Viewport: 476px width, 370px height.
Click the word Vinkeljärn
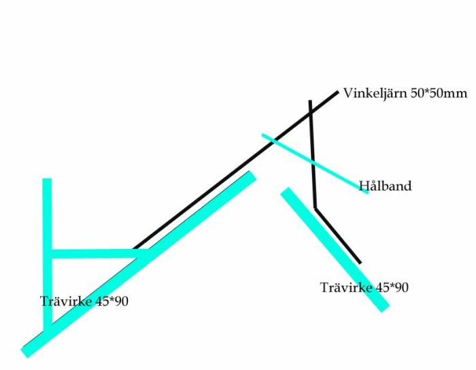click(375, 93)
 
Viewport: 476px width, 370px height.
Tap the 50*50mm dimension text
click(439, 93)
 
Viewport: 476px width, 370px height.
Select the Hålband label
click(386, 186)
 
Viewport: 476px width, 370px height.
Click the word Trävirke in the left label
click(66, 301)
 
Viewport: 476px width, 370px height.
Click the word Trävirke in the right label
click(346, 288)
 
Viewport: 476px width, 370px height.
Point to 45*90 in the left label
click(112, 301)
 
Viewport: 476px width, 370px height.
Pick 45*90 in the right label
click(392, 288)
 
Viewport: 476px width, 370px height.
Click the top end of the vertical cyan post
click(47, 179)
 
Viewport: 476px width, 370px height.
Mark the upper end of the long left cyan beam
click(252, 175)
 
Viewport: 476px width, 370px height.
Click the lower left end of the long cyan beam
click(24, 354)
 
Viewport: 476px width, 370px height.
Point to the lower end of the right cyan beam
click(386, 307)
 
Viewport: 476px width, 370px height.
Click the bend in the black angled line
click(316, 209)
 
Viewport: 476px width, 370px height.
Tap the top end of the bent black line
click(310, 101)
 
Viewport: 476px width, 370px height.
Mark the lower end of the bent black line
click(360, 263)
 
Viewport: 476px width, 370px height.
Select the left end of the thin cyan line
click(262, 134)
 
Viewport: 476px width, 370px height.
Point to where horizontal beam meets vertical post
click(48, 254)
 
